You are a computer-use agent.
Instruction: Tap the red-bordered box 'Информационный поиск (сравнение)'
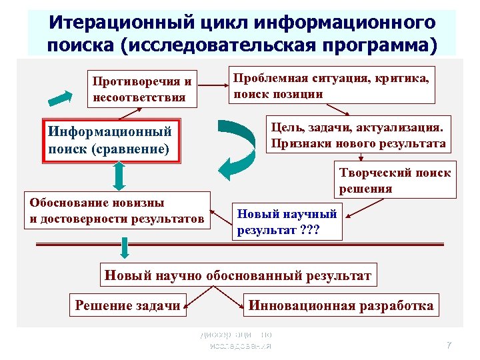[x=112, y=140]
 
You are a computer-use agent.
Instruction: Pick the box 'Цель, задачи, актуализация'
[x=359, y=134]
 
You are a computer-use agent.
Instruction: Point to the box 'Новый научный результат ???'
[x=287, y=222]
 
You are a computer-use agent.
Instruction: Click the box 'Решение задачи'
[x=127, y=306]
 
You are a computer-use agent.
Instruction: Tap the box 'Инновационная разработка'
[x=341, y=306]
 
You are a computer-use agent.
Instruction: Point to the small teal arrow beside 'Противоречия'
[x=61, y=97]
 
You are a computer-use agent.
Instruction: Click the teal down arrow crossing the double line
[x=124, y=249]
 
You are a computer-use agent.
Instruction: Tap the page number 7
[x=449, y=345]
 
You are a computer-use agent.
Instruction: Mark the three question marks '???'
[x=309, y=231]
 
